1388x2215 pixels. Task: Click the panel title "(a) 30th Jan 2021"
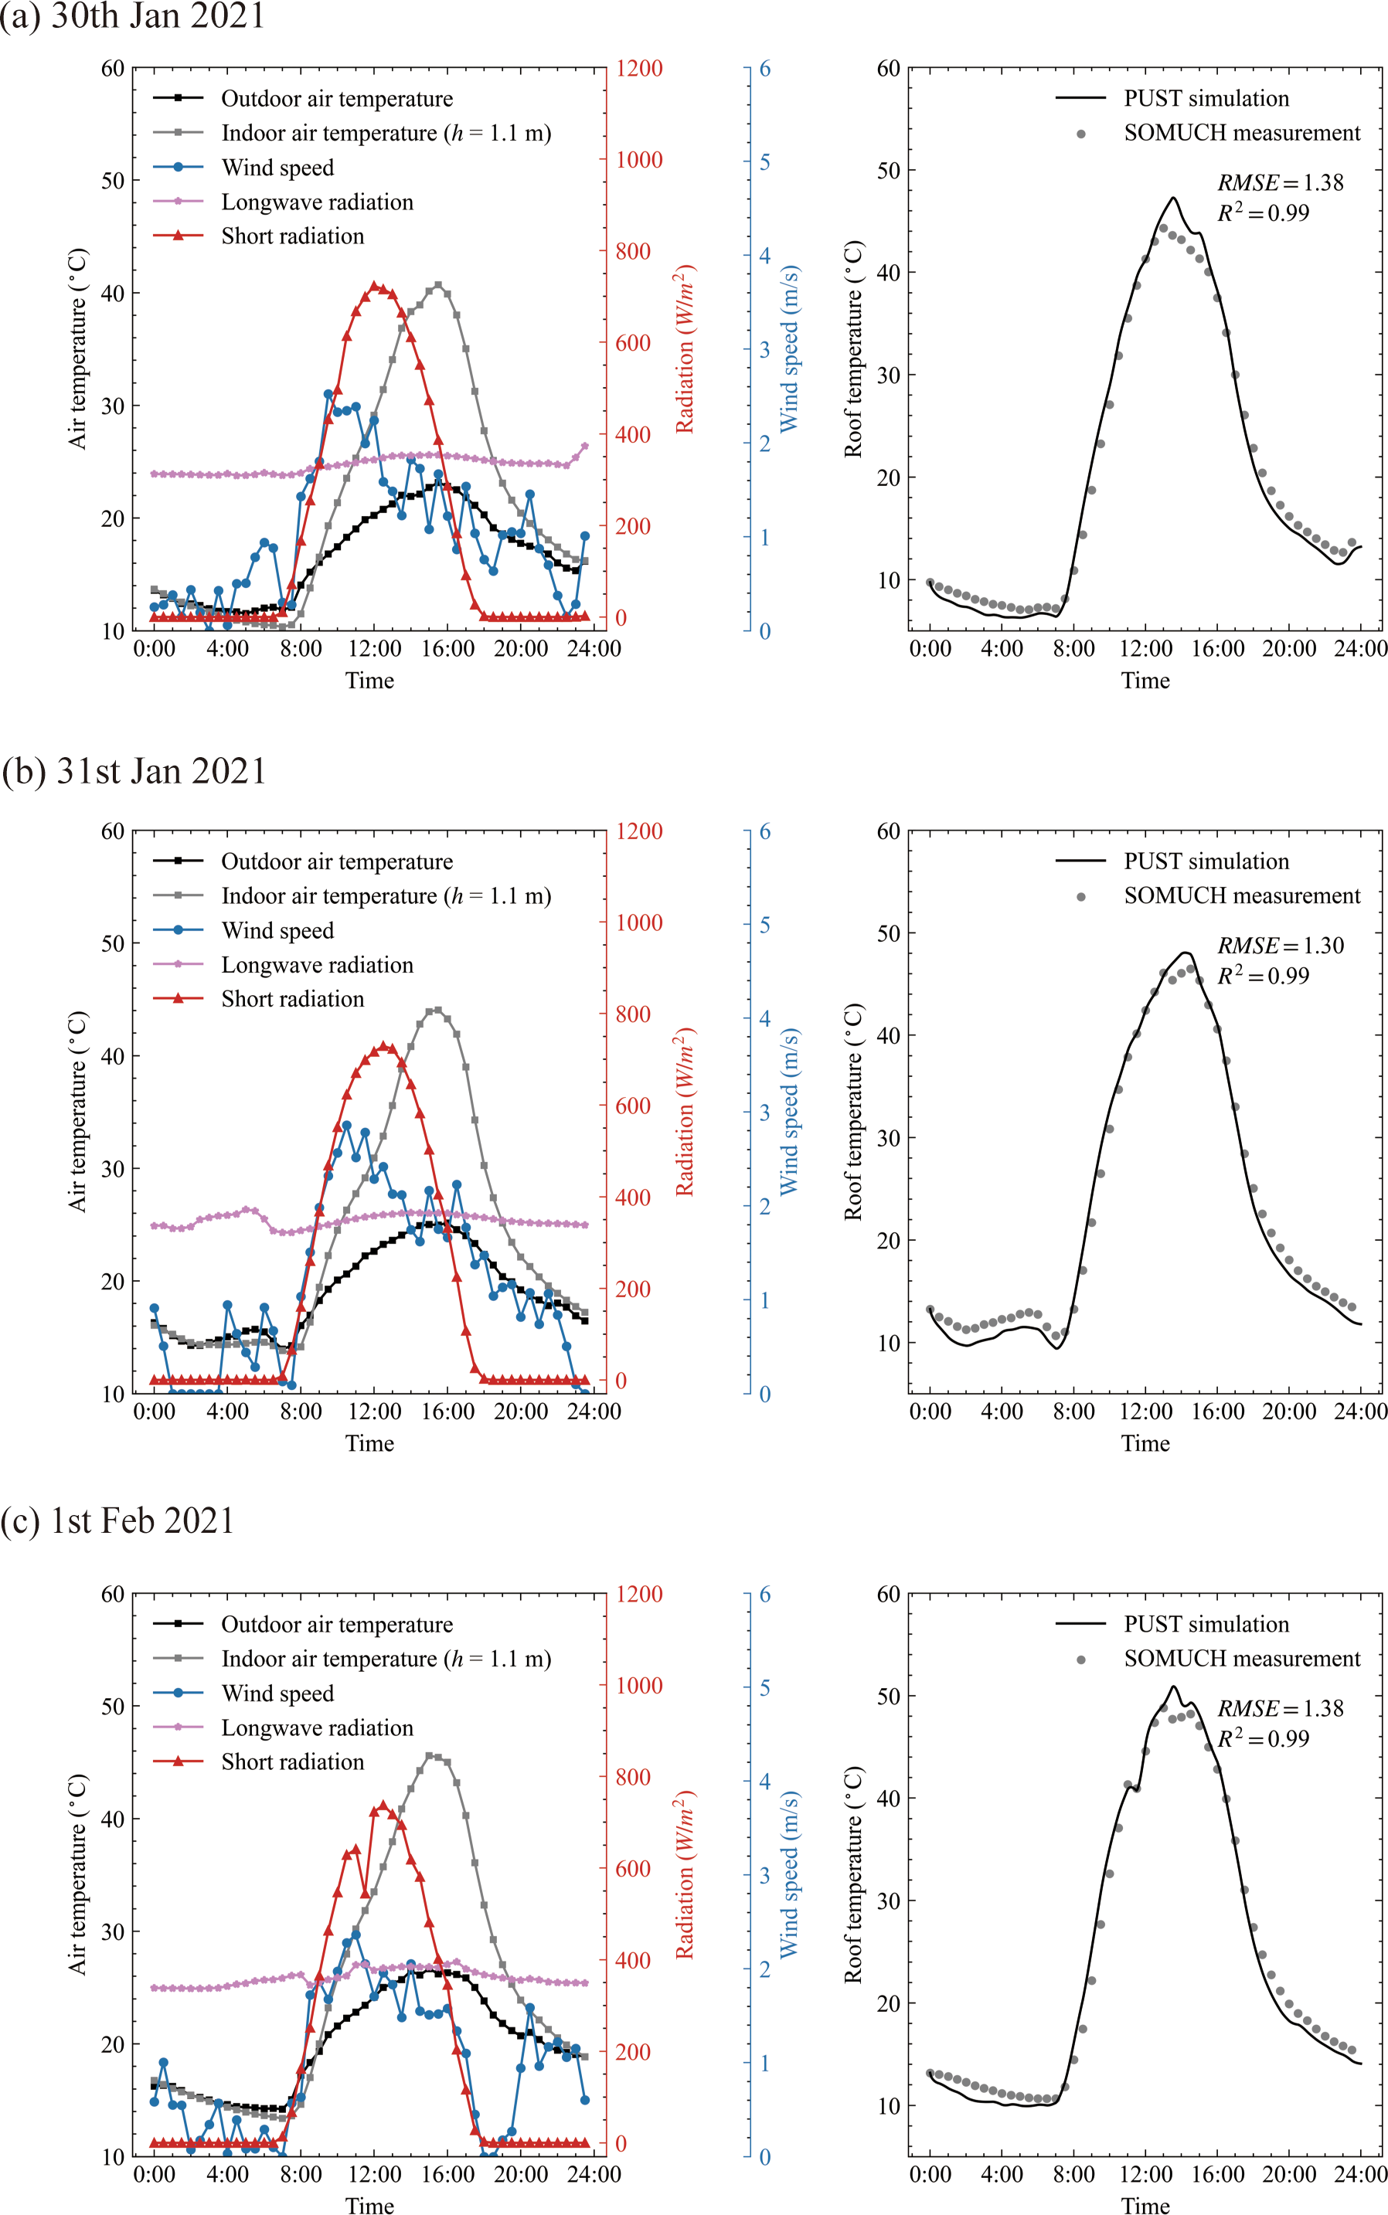point(132,16)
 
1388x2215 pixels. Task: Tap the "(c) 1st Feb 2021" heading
point(117,1520)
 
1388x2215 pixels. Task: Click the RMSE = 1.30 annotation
point(1280,945)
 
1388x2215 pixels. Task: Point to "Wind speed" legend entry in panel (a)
point(277,168)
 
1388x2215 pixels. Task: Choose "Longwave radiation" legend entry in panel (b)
point(317,965)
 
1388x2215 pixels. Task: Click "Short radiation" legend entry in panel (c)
point(292,1761)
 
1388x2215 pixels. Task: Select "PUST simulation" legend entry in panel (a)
point(1206,98)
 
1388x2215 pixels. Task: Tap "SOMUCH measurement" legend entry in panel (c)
point(1241,1658)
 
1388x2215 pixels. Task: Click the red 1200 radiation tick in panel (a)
point(639,69)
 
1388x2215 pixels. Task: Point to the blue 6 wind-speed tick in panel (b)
point(764,832)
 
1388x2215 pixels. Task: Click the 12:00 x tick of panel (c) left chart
point(375,2175)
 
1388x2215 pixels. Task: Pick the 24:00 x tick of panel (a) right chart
point(1359,649)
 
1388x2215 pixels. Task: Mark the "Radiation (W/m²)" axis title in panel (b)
point(685,1111)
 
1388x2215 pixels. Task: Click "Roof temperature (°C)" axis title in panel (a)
point(854,348)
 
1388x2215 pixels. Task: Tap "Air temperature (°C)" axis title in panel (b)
point(78,1111)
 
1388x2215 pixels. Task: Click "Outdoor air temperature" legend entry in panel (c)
point(337,1624)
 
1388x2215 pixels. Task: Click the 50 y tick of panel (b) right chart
point(888,933)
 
